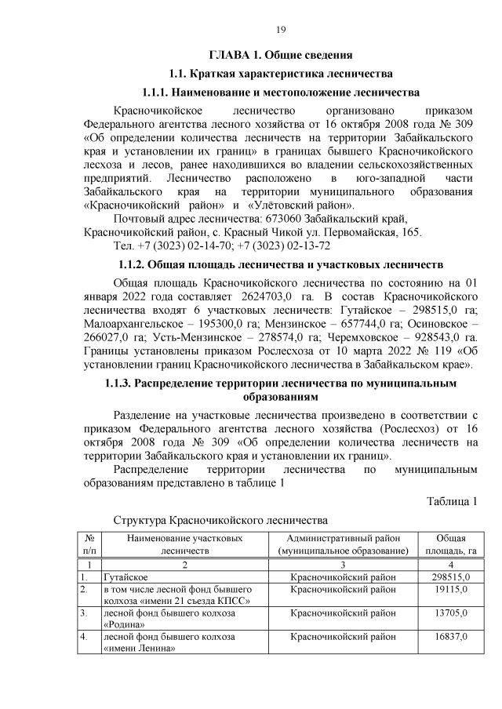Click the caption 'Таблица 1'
pyautogui.click(x=453, y=501)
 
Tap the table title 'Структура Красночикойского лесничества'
pyautogui.click(x=220, y=520)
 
